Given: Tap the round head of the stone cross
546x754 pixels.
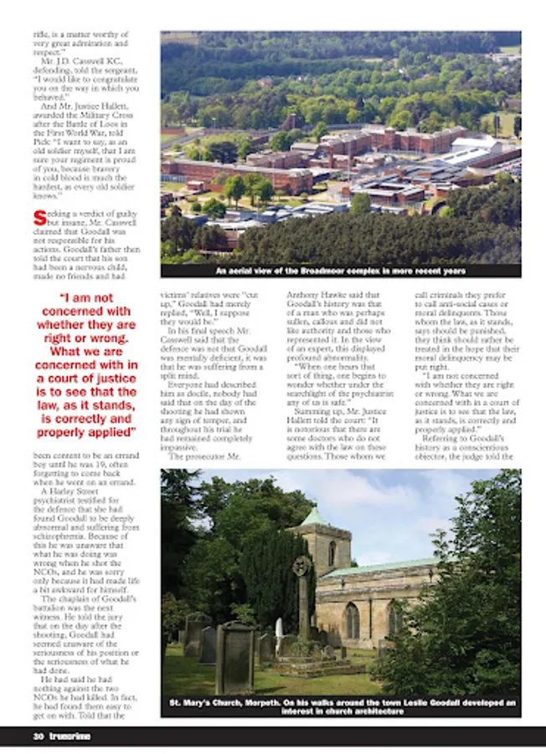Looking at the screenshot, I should point(301,565).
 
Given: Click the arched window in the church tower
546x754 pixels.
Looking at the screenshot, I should point(332,553).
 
